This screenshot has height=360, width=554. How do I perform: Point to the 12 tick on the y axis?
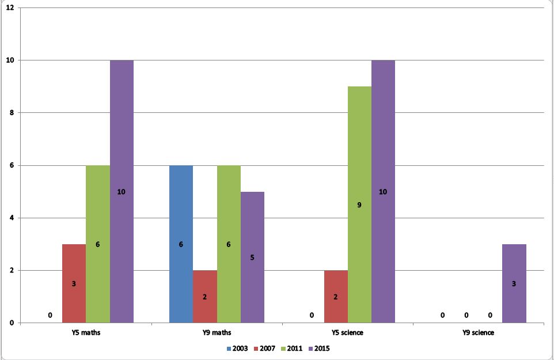click(10, 7)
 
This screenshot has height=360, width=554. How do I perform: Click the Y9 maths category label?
click(217, 333)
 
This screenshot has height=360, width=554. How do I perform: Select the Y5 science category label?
click(347, 333)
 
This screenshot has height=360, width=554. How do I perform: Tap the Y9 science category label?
click(478, 333)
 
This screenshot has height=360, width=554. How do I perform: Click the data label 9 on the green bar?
click(359, 204)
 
